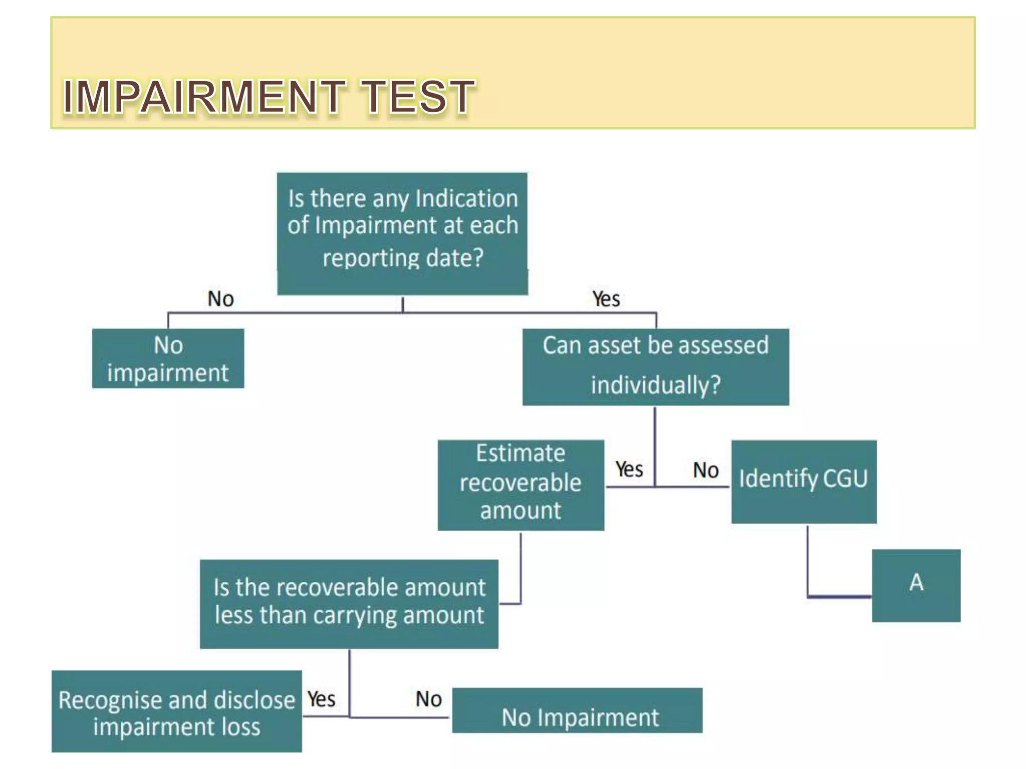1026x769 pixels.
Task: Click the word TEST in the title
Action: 418,96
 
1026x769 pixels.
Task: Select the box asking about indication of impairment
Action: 402,233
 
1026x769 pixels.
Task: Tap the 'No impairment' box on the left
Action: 168,358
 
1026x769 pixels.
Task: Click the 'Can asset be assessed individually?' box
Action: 655,366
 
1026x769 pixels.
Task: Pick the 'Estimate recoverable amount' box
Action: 521,485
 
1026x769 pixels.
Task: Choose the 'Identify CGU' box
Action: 804,482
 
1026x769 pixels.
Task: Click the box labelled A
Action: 916,585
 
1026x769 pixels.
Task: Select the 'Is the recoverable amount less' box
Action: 349,604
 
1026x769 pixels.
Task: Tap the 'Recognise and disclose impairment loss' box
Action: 176,712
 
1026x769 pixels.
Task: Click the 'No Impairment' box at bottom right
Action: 577,711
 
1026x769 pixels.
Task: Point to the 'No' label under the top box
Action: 220,299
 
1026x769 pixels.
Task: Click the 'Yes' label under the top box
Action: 606,299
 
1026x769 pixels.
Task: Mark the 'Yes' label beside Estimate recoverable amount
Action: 629,470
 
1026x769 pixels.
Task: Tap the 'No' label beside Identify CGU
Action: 705,471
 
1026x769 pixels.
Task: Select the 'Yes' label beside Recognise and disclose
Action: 321,699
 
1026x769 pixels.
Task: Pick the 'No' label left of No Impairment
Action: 428,699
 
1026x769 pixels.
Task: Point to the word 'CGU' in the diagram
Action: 845,479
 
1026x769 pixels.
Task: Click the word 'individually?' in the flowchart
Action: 655,385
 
